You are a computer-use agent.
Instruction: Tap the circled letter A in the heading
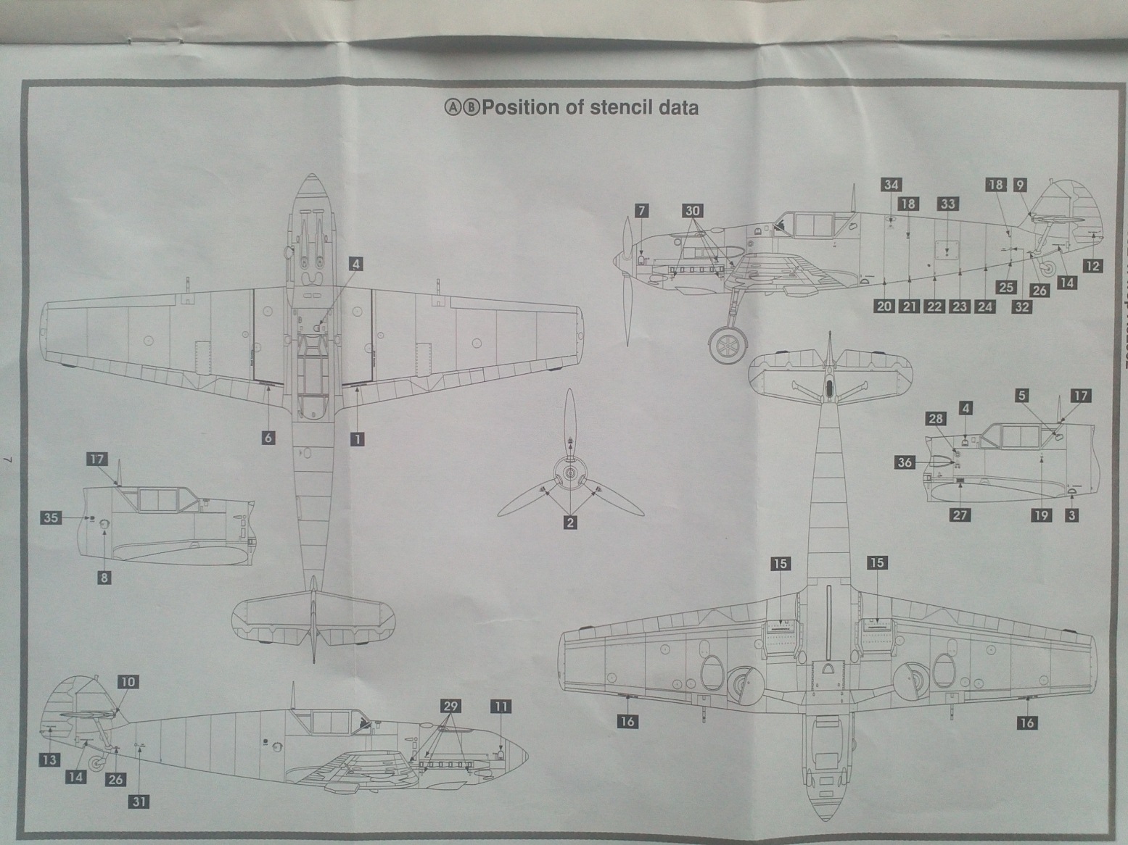pyautogui.click(x=451, y=108)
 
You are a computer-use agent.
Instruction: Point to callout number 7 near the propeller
pyautogui.click(x=641, y=211)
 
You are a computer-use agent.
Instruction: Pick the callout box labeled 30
pyautogui.click(x=693, y=211)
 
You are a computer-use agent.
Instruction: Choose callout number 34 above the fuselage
pyautogui.click(x=892, y=185)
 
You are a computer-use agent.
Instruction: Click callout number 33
pyautogui.click(x=948, y=204)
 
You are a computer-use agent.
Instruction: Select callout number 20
pyautogui.click(x=884, y=306)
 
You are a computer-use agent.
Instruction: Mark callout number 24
pyautogui.click(x=984, y=306)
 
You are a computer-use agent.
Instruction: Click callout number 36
pyautogui.click(x=905, y=462)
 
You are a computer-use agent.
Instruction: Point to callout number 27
pyautogui.click(x=960, y=515)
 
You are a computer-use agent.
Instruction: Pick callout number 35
pyautogui.click(x=50, y=517)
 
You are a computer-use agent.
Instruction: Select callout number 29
pyautogui.click(x=450, y=706)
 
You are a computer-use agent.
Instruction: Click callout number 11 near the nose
pyautogui.click(x=501, y=706)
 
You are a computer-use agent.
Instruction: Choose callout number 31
pyautogui.click(x=139, y=801)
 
